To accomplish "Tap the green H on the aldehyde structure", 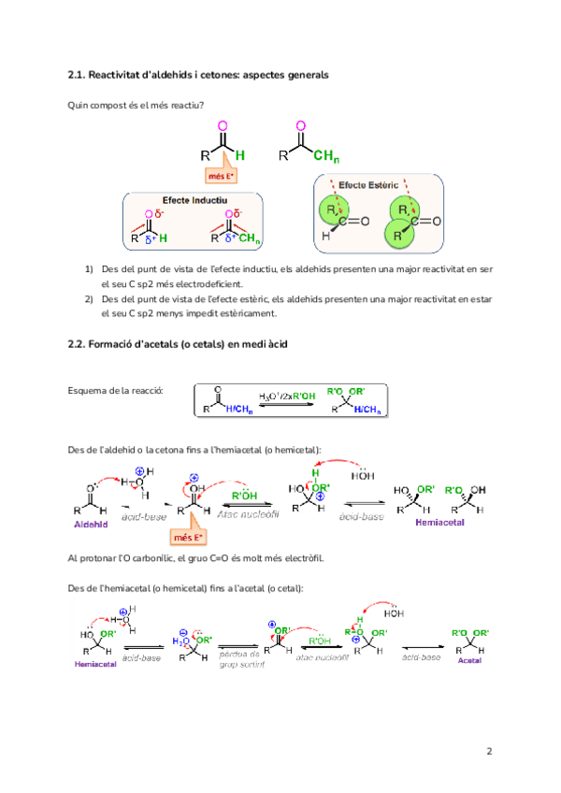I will pos(240,154).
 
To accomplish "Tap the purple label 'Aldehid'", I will pos(91,526).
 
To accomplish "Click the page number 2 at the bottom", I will pos(489,752).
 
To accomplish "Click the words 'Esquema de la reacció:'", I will pos(115,390).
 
